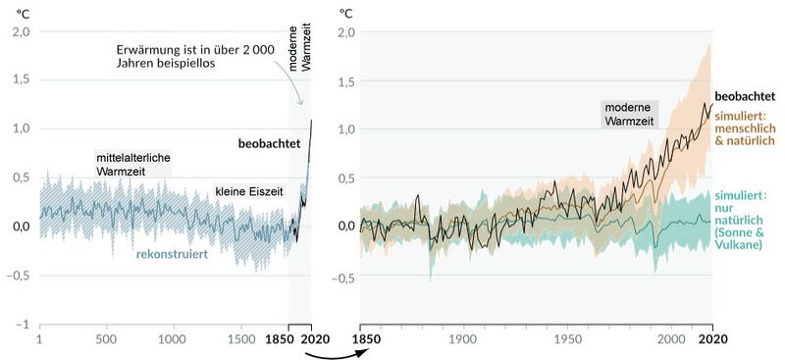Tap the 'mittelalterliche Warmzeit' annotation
point(132,164)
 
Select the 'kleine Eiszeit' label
point(249,192)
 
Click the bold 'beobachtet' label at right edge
point(747,97)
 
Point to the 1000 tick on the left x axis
point(172,339)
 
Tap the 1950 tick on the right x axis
point(567,339)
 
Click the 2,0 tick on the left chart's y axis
point(21,31)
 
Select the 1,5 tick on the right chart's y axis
point(345,80)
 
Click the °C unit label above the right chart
point(345,13)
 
